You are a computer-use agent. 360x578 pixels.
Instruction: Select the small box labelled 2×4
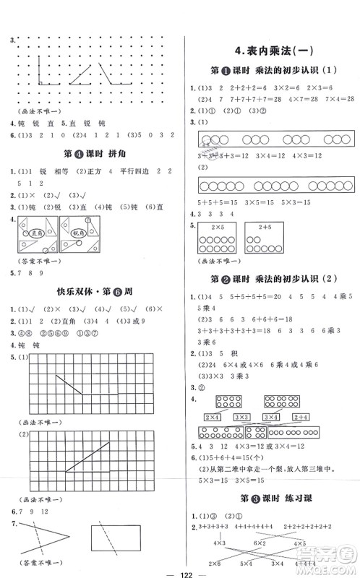pyautogui.click(x=213, y=417)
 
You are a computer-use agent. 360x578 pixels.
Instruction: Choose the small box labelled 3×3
pyautogui.click(x=242, y=417)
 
